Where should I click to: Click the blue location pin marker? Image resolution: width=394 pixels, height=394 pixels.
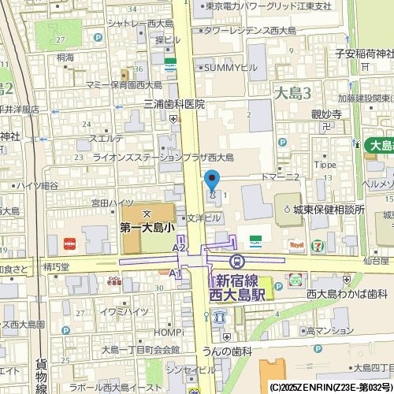tap(211, 180)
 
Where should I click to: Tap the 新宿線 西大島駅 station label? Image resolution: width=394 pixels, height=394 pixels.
tap(240, 288)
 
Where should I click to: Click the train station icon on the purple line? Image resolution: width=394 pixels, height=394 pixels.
tap(235, 261)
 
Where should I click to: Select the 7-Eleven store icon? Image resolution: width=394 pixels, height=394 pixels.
tap(318, 245)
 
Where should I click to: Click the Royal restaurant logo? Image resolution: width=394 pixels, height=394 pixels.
tap(297, 245)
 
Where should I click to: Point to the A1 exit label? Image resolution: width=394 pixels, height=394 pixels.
tap(175, 273)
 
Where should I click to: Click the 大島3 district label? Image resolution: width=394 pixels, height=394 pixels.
tap(292, 94)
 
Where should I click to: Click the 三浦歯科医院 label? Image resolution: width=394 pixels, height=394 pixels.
tap(173, 104)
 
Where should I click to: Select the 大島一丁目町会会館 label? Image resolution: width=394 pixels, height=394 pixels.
tap(140, 349)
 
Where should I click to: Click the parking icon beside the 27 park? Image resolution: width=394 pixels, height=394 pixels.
tap(98, 37)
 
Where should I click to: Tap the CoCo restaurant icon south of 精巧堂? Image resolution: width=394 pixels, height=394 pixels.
tap(114, 281)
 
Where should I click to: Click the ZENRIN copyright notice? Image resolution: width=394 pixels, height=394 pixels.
tap(331, 388)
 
